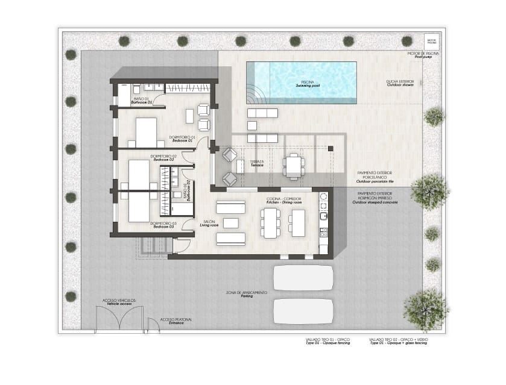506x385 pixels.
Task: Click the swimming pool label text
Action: pyautogui.click(x=308, y=84)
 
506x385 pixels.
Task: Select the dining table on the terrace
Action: pyautogui.click(x=294, y=166)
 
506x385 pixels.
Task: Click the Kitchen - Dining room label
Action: pyautogui.click(x=283, y=201)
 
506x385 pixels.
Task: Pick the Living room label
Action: pyautogui.click(x=208, y=224)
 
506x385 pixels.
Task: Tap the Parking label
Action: pyautogui.click(x=246, y=294)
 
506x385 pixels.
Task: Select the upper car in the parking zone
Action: pyautogui.click(x=303, y=278)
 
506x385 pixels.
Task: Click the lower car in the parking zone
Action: pyautogui.click(x=303, y=311)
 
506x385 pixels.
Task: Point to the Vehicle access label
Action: pyautogui.click(x=119, y=302)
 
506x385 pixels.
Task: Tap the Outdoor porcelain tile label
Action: pyautogui.click(x=375, y=179)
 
